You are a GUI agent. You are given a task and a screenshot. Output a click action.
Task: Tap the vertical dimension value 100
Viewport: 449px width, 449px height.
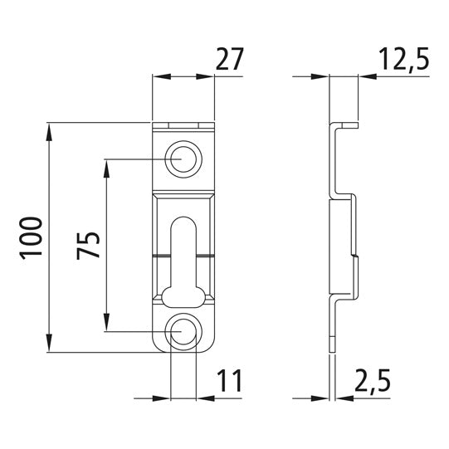pyautogui.click(x=32, y=240)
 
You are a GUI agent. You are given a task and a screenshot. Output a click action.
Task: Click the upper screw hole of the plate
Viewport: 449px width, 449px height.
pyautogui.click(x=183, y=159)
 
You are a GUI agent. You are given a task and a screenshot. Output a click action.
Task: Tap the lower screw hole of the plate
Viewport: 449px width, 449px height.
pyautogui.click(x=183, y=331)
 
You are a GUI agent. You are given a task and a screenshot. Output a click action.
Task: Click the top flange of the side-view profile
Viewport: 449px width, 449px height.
pyautogui.click(x=347, y=125)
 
